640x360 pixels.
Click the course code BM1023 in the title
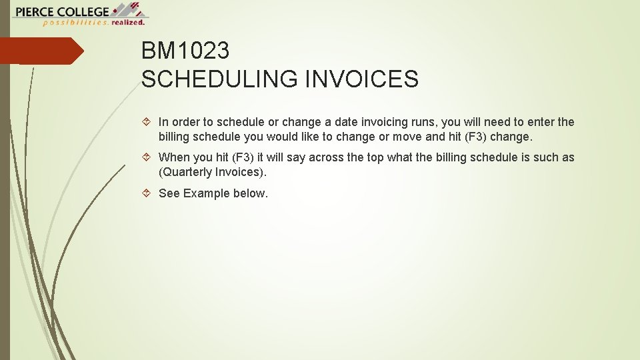click(x=185, y=51)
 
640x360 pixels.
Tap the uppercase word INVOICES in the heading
click(x=361, y=79)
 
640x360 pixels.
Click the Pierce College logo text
click(x=61, y=11)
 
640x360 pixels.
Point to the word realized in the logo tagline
click(x=128, y=22)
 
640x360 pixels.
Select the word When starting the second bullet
click(x=174, y=157)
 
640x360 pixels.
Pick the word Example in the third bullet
click(x=206, y=193)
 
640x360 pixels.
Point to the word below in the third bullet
click(x=250, y=193)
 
